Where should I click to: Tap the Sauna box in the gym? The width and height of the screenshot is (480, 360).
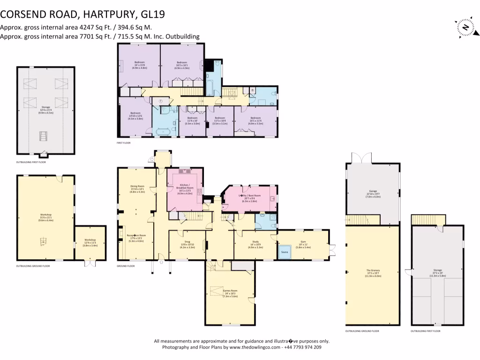click(284, 252)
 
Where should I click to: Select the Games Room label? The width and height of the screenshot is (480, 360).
click(230, 293)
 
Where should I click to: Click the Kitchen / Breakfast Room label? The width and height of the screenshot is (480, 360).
click(185, 189)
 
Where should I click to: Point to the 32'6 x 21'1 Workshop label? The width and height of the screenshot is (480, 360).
click(45, 217)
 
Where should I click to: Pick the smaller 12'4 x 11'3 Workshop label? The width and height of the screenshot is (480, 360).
click(89, 244)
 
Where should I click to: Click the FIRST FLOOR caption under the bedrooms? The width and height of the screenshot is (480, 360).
click(124, 142)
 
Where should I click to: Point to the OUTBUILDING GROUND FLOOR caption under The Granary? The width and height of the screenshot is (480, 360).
click(362, 331)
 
